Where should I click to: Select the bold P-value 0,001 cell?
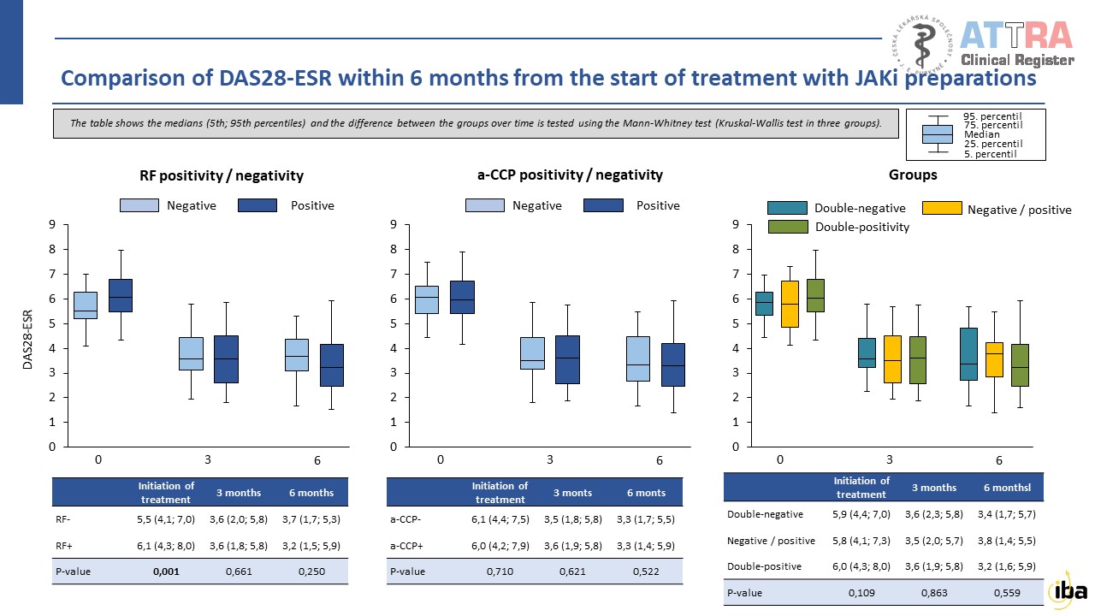166,572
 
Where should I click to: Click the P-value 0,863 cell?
933,592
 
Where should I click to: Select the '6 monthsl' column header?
1005,487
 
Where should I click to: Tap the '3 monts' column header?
572,493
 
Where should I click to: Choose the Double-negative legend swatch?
787,208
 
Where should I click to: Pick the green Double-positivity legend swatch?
787,227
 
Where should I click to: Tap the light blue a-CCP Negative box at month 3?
532,352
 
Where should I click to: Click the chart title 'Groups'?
914,175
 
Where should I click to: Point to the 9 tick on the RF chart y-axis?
52,225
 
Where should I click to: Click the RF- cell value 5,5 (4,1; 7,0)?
166,518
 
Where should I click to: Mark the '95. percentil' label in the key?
991,115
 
